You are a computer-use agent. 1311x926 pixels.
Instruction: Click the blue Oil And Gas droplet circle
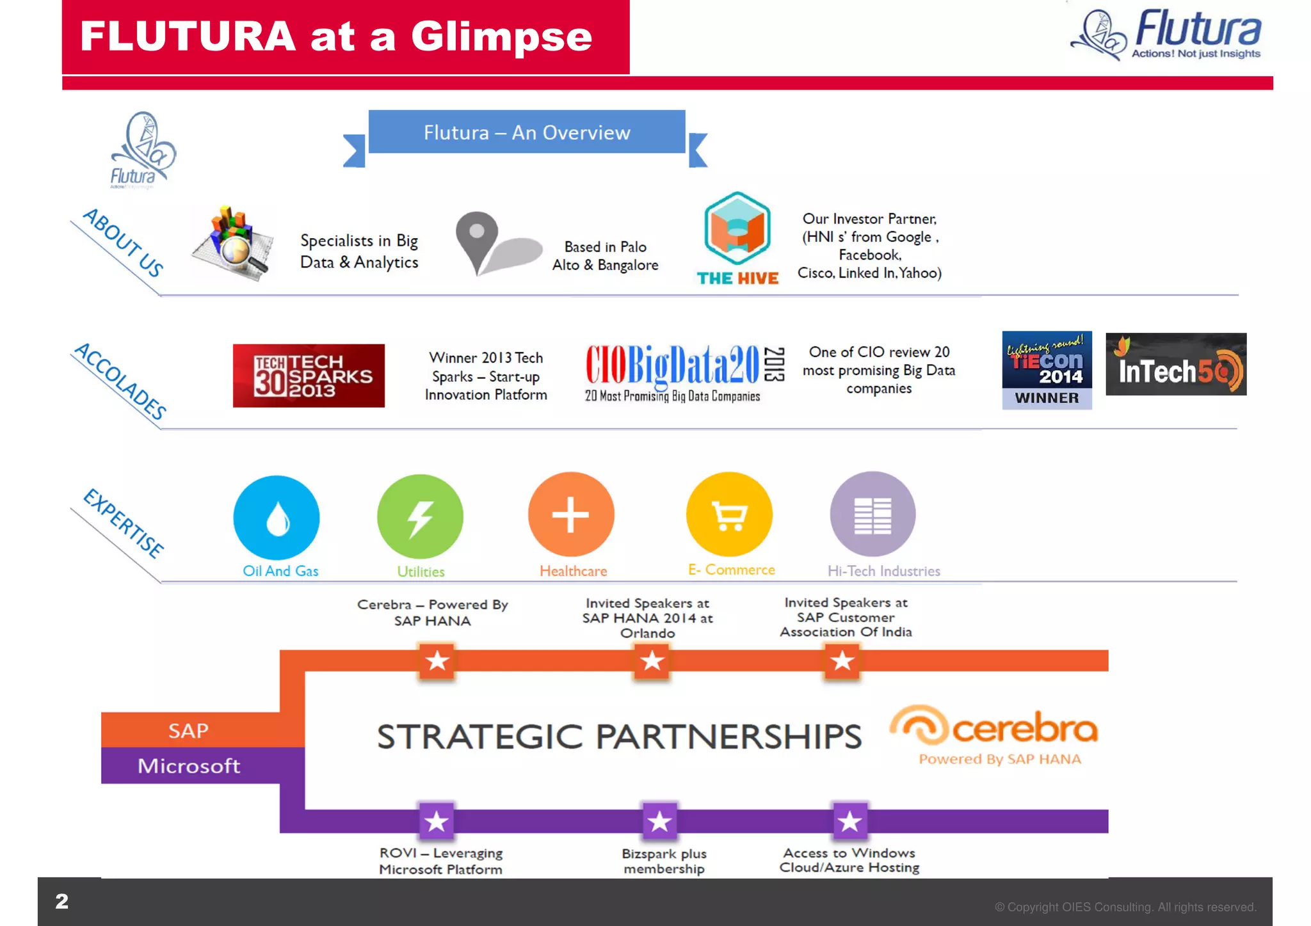click(x=277, y=517)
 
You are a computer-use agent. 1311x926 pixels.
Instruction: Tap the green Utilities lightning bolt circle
click(x=420, y=516)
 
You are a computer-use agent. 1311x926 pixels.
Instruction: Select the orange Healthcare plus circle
click(x=571, y=515)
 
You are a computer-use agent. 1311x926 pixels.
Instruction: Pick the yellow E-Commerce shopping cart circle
click(x=729, y=515)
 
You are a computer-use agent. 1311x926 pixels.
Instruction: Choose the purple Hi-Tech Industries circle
click(x=873, y=515)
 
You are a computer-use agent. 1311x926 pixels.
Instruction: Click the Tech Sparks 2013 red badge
click(x=309, y=376)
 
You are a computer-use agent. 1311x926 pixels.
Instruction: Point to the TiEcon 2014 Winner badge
click(x=1047, y=370)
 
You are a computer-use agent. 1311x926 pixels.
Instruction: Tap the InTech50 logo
click(x=1176, y=364)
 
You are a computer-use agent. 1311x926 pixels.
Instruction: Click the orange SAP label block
click(x=189, y=730)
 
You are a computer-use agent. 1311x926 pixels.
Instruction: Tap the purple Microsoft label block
click(x=189, y=765)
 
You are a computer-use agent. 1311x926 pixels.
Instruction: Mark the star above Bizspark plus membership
click(x=659, y=821)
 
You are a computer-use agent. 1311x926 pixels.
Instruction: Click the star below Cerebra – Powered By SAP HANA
click(x=437, y=660)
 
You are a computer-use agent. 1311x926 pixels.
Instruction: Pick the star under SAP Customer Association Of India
click(x=842, y=660)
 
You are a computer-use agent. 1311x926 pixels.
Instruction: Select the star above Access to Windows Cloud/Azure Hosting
click(x=849, y=821)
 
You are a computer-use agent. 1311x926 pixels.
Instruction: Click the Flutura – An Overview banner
click(x=526, y=132)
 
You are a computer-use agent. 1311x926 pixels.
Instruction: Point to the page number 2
click(x=61, y=902)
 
